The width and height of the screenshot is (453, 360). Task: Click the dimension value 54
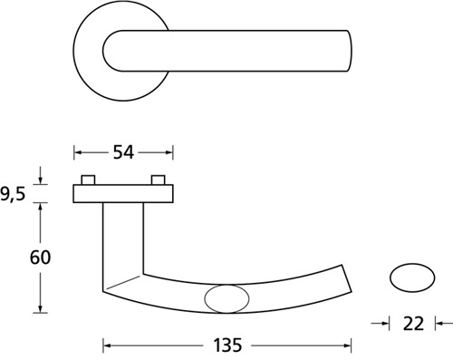123,152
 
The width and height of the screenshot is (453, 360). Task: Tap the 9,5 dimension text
13,194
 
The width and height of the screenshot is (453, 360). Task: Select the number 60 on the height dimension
40,258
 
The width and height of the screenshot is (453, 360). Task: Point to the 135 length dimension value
227,345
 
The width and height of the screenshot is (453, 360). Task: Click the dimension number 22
413,324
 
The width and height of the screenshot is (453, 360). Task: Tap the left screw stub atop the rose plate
88,180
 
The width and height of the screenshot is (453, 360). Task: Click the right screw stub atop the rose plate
159,180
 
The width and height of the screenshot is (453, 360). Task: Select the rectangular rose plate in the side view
123,193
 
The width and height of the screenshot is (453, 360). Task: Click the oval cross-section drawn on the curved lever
226,298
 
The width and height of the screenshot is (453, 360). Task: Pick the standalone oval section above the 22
412,277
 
